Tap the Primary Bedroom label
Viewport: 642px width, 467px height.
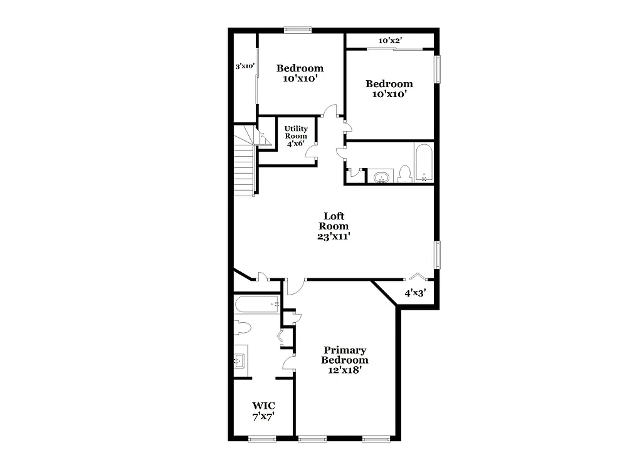(x=345, y=355)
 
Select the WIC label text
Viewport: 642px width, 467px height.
(x=263, y=406)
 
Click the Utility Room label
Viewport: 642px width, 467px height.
(x=296, y=132)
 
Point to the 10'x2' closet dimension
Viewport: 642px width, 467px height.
(x=390, y=41)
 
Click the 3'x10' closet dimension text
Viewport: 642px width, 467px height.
(x=245, y=66)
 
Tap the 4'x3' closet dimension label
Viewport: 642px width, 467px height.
(x=415, y=292)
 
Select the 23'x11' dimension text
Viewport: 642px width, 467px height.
(x=334, y=236)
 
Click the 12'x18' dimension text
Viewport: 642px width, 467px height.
(x=345, y=370)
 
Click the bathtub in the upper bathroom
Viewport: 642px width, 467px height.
(x=424, y=162)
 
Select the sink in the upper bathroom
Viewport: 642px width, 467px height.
(x=380, y=177)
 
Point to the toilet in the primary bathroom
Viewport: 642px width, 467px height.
(x=242, y=327)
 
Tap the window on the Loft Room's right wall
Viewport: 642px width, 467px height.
(x=438, y=254)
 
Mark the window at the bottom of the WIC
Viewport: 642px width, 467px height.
(x=262, y=439)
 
